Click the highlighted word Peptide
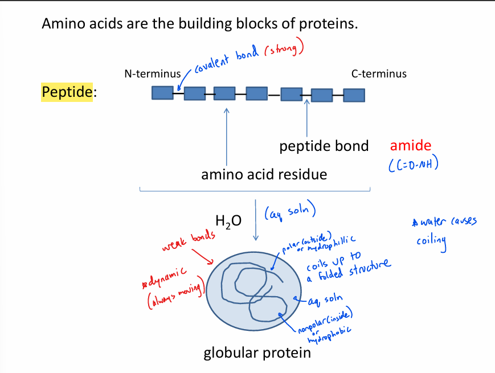(x=67, y=92)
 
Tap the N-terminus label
(x=152, y=74)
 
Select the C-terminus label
(x=379, y=74)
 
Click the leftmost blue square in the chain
(x=162, y=92)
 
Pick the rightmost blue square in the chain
(x=354, y=95)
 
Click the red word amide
(x=411, y=146)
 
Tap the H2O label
(x=228, y=220)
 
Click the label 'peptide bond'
(x=324, y=146)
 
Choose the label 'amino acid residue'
(x=264, y=174)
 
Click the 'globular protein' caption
(x=257, y=353)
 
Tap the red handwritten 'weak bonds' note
(x=189, y=241)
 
